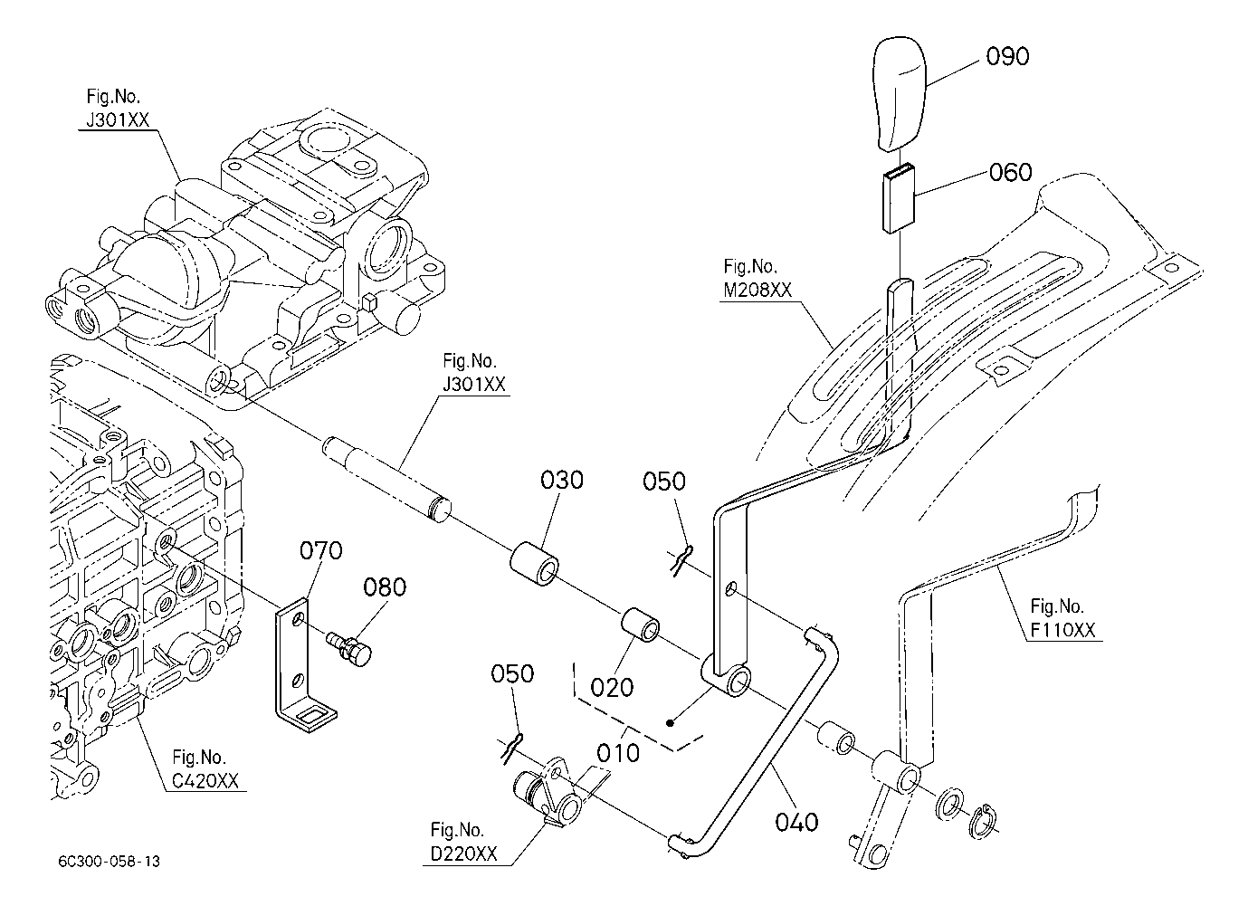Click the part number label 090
[1007, 57]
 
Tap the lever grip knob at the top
[899, 93]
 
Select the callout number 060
[1011, 172]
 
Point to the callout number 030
[562, 481]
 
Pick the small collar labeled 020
[640, 625]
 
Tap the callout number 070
[321, 551]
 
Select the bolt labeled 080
[349, 647]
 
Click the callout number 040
[796, 823]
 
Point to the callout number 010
[618, 754]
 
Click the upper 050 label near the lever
[663, 482]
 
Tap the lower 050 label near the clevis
[512, 674]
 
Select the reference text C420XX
[205, 781]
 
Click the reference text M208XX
[757, 290]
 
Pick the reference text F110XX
[1062, 630]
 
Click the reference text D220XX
[463, 854]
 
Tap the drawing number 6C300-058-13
[110, 862]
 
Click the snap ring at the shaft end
[985, 821]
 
